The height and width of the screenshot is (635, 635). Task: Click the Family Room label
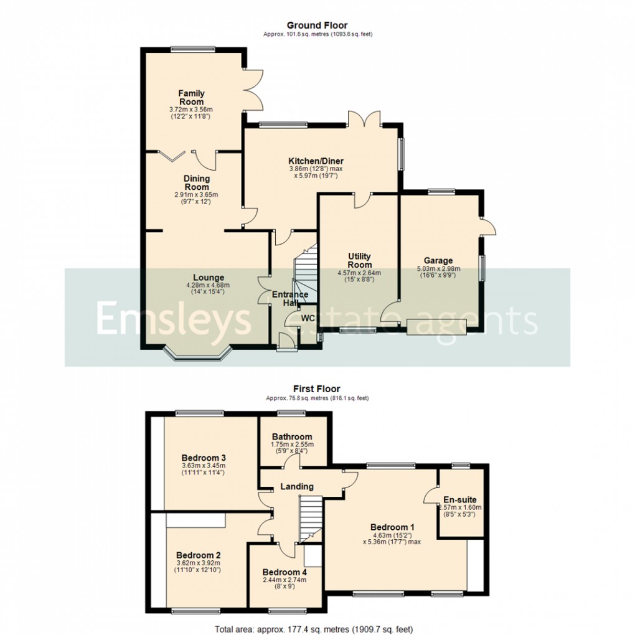(x=191, y=98)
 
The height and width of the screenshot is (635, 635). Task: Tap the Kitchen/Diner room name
(x=316, y=161)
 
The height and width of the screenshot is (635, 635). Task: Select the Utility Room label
(x=359, y=260)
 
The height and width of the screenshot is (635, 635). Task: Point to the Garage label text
(x=438, y=261)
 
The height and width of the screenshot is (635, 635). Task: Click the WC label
(x=308, y=318)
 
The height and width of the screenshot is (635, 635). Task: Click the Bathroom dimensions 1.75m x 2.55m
(x=293, y=444)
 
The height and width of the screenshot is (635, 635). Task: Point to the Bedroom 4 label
(x=285, y=572)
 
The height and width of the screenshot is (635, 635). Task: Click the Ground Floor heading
(x=317, y=25)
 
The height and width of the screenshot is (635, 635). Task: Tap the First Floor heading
(x=317, y=389)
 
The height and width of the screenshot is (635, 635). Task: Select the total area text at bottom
(x=317, y=629)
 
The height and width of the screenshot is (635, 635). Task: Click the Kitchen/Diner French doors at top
(x=364, y=118)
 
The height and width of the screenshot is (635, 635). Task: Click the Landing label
(x=296, y=486)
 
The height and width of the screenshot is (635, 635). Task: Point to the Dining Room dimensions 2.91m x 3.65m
(x=196, y=195)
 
